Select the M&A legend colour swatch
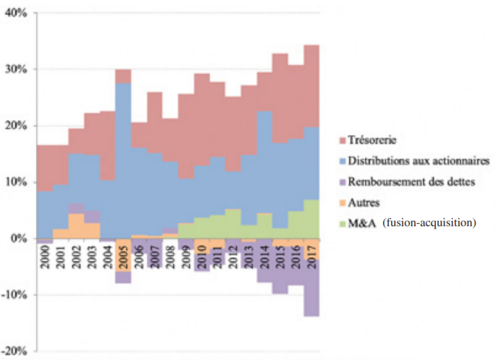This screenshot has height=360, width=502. tap(340, 223)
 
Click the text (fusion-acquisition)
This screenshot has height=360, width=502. tap(428, 223)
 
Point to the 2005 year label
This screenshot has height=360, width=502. tap(123, 253)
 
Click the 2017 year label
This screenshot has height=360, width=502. tap(312, 253)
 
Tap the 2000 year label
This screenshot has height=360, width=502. tap(44, 253)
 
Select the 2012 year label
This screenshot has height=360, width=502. tap(233, 253)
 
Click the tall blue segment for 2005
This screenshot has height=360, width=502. tap(123, 159)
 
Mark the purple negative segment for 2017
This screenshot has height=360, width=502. tap(312, 288)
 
